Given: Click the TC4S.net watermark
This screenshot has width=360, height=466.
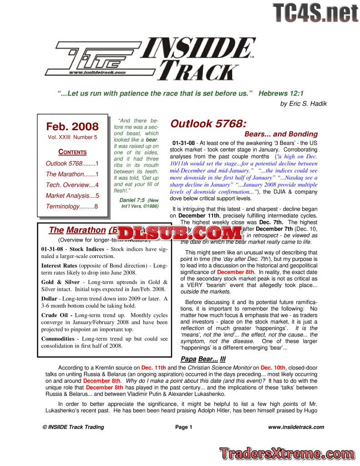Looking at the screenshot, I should pos(315,13).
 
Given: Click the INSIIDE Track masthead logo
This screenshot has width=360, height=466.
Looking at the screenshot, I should pos(150,58).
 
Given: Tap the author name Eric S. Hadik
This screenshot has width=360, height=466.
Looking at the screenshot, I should pos(304,104).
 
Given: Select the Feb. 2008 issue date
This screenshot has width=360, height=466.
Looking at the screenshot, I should pos(72,126).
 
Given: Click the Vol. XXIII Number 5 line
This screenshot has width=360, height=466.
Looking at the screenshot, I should pos(72,137).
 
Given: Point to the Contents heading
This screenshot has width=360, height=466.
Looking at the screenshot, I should pos(72,152).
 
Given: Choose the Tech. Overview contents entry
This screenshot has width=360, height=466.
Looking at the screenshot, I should pos(72,185).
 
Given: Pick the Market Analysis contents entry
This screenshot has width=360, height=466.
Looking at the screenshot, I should pos(72,196).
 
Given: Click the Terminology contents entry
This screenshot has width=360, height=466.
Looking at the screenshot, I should pos(72,207).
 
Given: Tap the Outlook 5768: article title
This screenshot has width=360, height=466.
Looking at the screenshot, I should pos(209,124).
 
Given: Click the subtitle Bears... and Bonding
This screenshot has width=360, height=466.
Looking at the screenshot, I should pos(281,134).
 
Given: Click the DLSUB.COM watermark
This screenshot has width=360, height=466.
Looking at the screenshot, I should pos(181,233).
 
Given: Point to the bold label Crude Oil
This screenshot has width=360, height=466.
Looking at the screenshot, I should pos(56,315).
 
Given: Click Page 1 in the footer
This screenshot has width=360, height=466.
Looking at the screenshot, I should pos(184,427).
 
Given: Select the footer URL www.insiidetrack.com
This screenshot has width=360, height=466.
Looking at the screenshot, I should pos(296,427).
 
